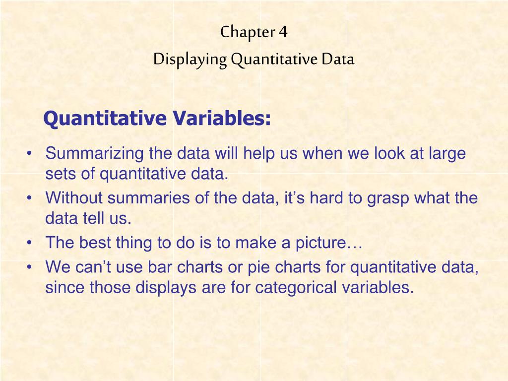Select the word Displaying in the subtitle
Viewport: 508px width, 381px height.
pyautogui.click(x=190, y=60)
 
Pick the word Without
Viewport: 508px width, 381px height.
pyautogui.click(x=74, y=198)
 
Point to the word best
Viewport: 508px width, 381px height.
pyautogui.click(x=96, y=243)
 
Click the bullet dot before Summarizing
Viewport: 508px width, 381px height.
pyautogui.click(x=31, y=154)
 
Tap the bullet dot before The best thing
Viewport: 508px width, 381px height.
pyautogui.click(x=31, y=243)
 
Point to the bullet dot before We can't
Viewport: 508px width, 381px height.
pyautogui.click(x=31, y=268)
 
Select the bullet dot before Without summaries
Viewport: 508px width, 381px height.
pyautogui.click(x=31, y=198)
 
